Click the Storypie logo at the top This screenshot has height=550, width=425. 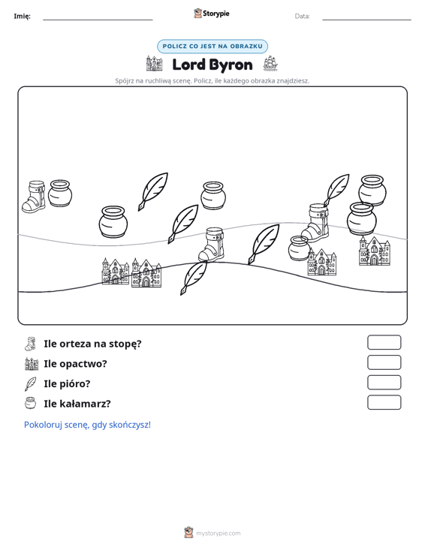(212, 14)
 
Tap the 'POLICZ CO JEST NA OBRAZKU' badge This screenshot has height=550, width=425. (212, 47)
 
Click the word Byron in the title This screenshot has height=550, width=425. (232, 65)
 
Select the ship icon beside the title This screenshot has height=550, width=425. (270, 63)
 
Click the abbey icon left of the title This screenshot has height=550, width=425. (155, 64)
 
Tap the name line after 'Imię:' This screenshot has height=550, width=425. (98, 20)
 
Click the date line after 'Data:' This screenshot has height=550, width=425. (366, 20)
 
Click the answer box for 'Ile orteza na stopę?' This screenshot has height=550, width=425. (384, 342)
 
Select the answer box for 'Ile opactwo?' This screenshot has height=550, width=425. (384, 362)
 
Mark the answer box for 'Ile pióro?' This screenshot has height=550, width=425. (384, 383)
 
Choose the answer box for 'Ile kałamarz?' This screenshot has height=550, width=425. (384, 402)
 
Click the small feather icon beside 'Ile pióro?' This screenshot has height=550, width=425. (30, 383)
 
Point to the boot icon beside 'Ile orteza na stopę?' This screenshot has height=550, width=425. (30, 344)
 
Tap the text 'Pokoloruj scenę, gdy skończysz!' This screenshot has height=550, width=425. (87, 425)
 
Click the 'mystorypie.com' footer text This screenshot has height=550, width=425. (219, 533)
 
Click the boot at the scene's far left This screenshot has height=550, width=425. (34, 197)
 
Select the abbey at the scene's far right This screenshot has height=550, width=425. (375, 251)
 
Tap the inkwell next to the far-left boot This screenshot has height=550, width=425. (60, 194)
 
